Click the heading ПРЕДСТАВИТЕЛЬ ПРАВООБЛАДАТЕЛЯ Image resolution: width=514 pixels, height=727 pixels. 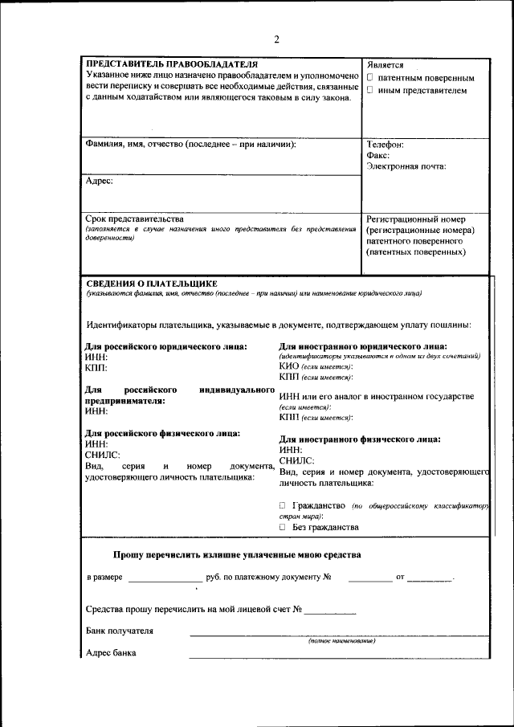click(172, 63)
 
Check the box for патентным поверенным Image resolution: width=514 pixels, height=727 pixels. click(370, 79)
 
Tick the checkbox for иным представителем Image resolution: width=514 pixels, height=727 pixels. click(370, 91)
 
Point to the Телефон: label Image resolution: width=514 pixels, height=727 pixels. click(385, 145)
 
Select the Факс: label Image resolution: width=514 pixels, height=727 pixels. click(378, 156)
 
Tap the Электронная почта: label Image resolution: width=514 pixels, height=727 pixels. click(406, 167)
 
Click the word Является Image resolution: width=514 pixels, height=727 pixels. click(385, 65)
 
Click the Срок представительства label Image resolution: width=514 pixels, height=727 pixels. click(134, 219)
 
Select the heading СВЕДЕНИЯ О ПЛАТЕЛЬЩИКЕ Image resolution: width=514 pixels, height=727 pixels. click(152, 284)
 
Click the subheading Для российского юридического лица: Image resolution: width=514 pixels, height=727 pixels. click(166, 346)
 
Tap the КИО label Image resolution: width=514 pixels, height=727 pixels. click(288, 366)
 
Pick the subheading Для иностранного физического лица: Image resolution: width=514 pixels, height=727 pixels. click(360, 439)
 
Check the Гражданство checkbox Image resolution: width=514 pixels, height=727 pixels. click(283, 506)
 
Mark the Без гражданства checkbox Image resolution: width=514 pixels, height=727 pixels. click(283, 528)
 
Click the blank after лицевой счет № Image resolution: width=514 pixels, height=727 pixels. click(329, 611)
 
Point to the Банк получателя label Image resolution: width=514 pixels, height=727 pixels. click(119, 631)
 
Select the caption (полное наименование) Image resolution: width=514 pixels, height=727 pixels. click(342, 641)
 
